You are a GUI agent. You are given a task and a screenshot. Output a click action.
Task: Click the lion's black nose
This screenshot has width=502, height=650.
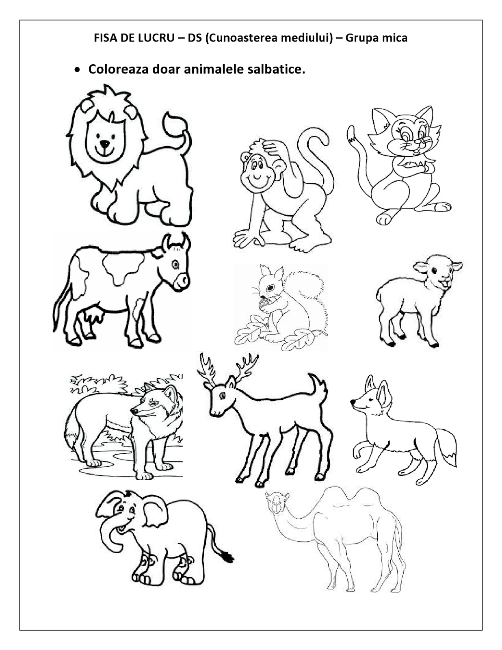point(105,144)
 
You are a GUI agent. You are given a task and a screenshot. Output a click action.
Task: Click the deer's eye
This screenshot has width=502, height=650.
point(222,396)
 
